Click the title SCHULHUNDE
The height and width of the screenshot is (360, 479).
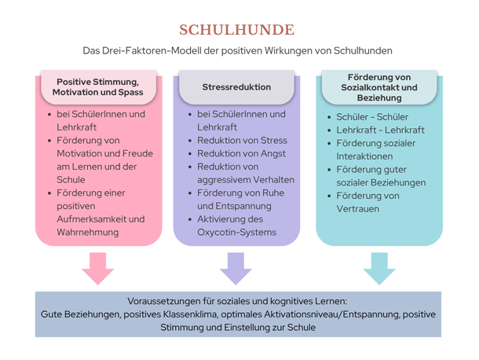point(236,30)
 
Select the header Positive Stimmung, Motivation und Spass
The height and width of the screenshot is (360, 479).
point(97,87)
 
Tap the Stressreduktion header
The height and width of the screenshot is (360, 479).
point(236,87)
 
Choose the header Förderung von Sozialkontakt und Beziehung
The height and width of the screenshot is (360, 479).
point(379,87)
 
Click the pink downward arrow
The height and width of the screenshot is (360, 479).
point(97,268)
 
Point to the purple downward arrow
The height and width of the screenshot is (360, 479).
point(236,268)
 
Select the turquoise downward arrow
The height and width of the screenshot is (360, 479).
point(379,268)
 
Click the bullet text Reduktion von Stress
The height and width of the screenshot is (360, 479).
point(243,141)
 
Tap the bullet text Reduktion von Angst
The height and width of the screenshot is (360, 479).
point(241,153)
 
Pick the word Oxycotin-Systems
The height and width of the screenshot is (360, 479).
point(236,233)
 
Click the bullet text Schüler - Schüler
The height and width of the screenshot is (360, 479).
point(372,117)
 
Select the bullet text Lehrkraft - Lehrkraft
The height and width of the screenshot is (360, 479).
point(380,130)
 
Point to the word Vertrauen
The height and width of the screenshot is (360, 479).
point(358,209)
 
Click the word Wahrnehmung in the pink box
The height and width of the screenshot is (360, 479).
point(88,233)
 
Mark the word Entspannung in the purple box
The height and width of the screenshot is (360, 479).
point(243,206)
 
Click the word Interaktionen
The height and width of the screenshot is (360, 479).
point(364,156)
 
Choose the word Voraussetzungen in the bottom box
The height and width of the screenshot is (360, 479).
point(164,301)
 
